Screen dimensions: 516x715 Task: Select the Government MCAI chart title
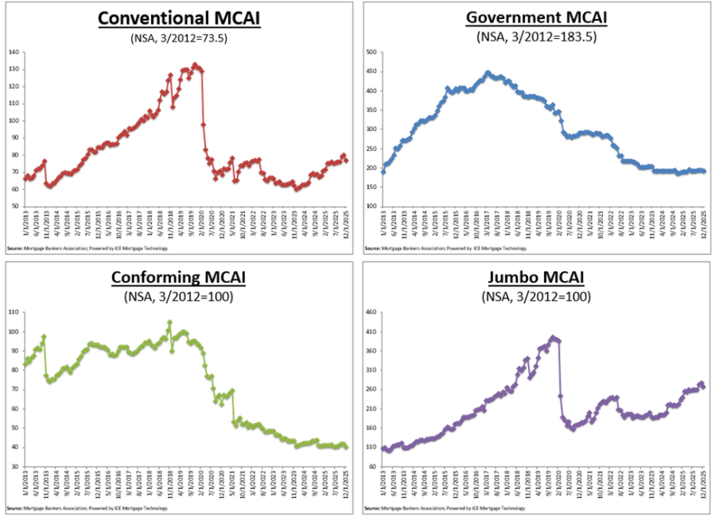[538, 17]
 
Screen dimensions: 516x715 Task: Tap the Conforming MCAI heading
[179, 277]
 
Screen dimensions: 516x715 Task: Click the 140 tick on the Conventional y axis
[14, 52]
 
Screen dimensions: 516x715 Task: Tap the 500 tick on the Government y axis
[371, 52]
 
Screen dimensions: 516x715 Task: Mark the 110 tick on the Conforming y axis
[14, 312]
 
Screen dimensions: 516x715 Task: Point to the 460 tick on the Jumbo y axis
[371, 312]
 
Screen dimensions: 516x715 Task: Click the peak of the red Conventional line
[194, 64]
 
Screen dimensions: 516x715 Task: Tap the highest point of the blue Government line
[488, 72]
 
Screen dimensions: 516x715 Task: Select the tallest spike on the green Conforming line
[169, 322]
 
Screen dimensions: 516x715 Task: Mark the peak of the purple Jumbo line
[553, 337]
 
